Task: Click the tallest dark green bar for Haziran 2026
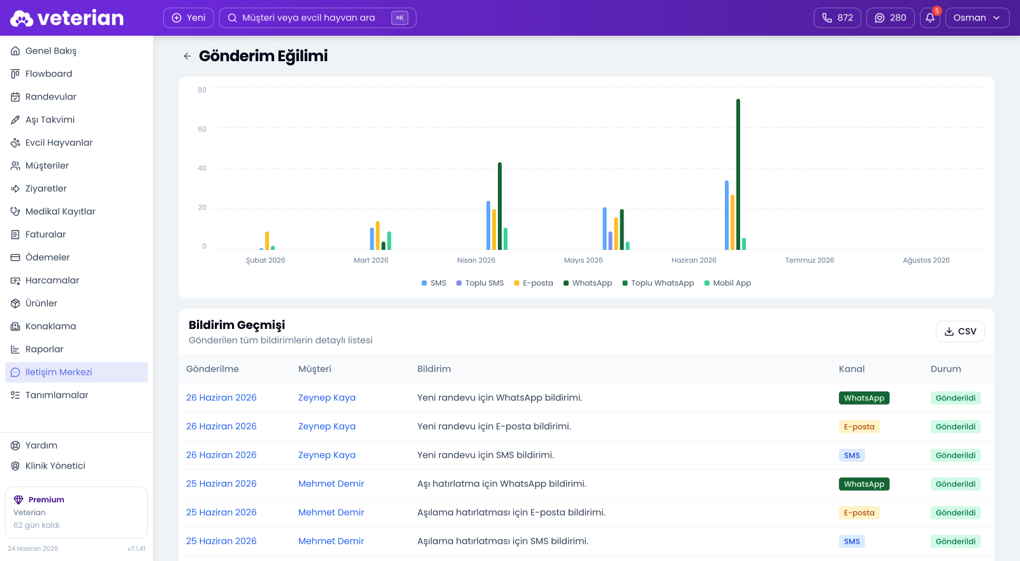[x=738, y=175]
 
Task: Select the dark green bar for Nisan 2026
[x=500, y=206]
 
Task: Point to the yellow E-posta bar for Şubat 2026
[x=267, y=241]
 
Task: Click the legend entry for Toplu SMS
[x=480, y=283]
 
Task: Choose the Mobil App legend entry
[x=727, y=283]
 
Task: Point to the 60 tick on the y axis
[x=201, y=129]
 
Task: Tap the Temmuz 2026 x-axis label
[x=810, y=260]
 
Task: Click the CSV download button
[x=960, y=331]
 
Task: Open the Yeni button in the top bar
[x=189, y=18]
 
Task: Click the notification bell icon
[x=930, y=18]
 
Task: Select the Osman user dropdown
[x=977, y=18]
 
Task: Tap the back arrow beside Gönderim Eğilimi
[x=187, y=56]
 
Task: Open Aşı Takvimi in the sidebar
[x=50, y=120]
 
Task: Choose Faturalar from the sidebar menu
[x=45, y=235]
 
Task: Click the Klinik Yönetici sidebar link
[x=55, y=466]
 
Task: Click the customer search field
[x=317, y=18]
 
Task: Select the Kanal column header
[x=852, y=369]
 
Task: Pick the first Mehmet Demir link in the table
[x=331, y=484]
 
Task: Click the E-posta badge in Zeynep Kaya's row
[x=859, y=426]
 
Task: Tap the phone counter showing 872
[x=837, y=18]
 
